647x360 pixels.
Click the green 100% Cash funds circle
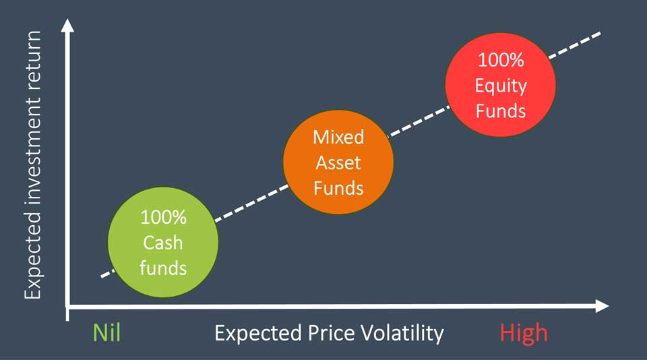pyautogui.click(x=163, y=242)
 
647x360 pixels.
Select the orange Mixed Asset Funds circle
pyautogui.click(x=338, y=162)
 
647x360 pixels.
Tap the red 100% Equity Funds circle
pyautogui.click(x=501, y=85)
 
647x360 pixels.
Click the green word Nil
pyautogui.click(x=107, y=332)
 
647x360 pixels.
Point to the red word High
pyautogui.click(x=524, y=333)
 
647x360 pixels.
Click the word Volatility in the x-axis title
pyautogui.click(x=402, y=333)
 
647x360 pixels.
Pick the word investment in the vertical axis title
pyautogui.click(x=33, y=152)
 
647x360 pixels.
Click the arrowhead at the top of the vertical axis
pyautogui.click(x=67, y=25)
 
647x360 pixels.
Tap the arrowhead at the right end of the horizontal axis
pyautogui.click(x=603, y=306)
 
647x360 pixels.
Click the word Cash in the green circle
pyautogui.click(x=163, y=243)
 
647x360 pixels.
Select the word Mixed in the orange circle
pyautogui.click(x=338, y=137)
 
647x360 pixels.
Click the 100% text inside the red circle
pyautogui.click(x=501, y=60)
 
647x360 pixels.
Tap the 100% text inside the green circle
pyautogui.click(x=163, y=217)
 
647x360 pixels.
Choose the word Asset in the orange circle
pyautogui.click(x=338, y=162)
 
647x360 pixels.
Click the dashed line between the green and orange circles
pyautogui.click(x=251, y=203)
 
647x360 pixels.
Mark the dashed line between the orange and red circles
pyautogui.click(x=419, y=121)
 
